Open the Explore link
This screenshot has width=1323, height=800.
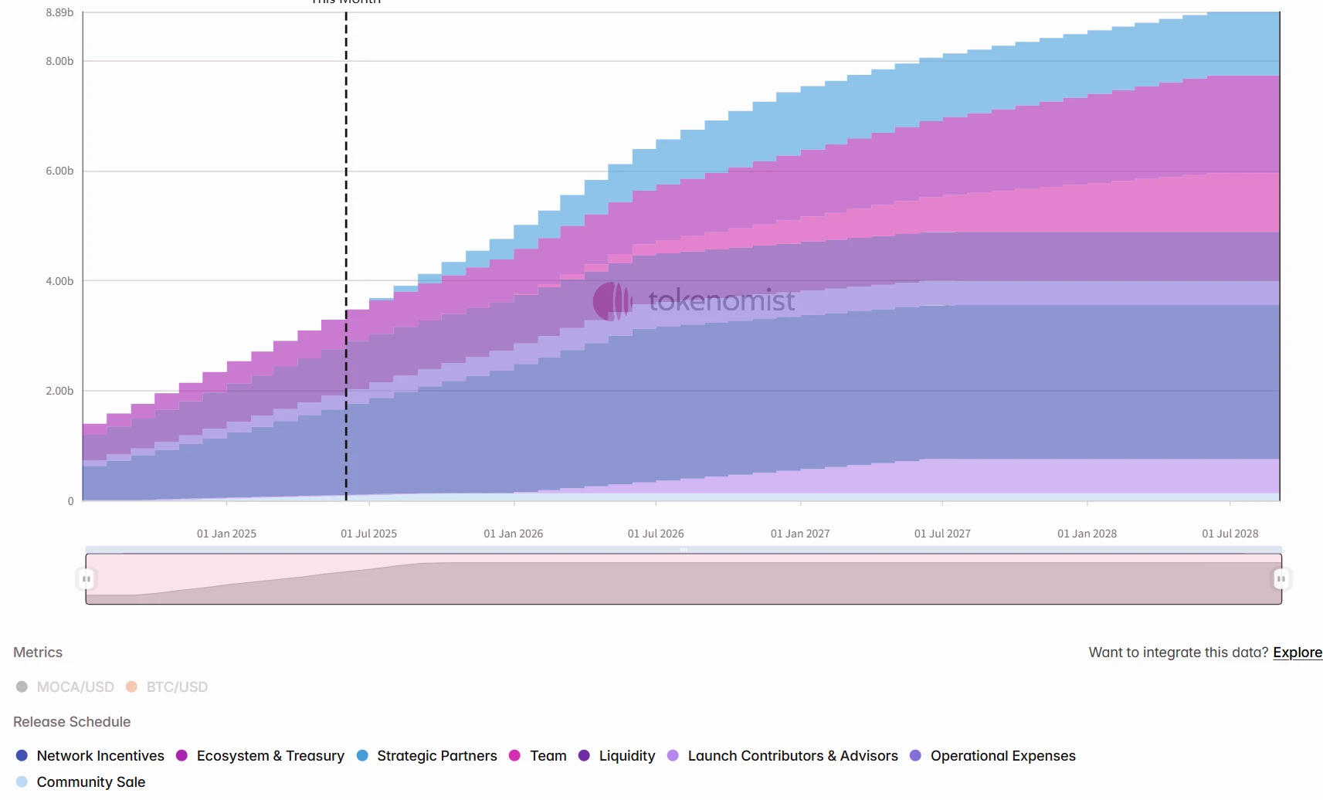tap(1298, 653)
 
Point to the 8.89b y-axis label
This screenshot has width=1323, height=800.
tap(59, 12)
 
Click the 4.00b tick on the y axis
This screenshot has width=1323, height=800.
tap(59, 281)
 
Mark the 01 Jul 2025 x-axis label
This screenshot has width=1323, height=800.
tap(368, 534)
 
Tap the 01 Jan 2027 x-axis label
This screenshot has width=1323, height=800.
tap(800, 534)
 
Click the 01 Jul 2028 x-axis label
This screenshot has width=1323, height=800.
tap(1230, 534)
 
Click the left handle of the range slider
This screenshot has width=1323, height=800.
tap(87, 578)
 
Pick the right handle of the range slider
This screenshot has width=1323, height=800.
tap(1281, 578)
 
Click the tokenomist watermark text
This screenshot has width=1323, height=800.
tap(721, 300)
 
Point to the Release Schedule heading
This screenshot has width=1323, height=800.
tap(72, 721)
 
